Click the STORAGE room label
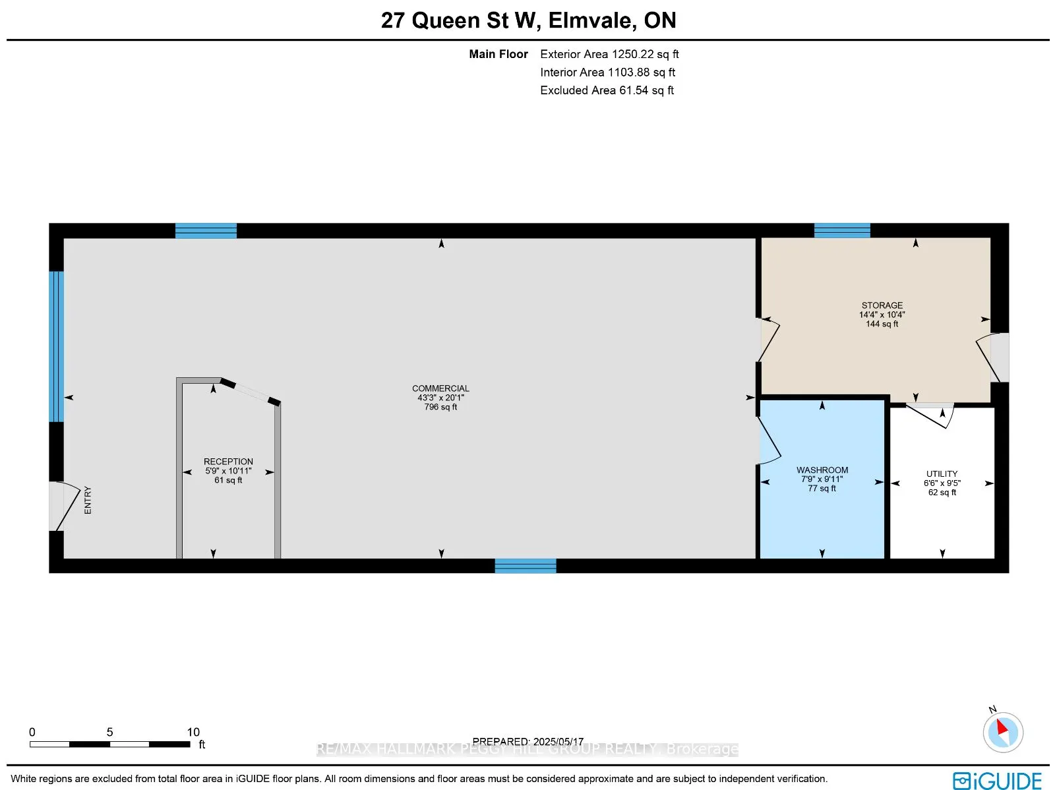(x=882, y=305)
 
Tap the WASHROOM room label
(x=822, y=470)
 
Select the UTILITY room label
(x=942, y=473)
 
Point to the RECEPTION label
(x=228, y=462)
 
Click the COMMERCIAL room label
(x=440, y=388)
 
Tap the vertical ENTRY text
(x=88, y=501)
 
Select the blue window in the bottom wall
(x=526, y=566)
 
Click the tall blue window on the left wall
(x=57, y=346)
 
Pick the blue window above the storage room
(x=842, y=231)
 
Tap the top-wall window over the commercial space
(x=206, y=231)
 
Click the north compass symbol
(x=1002, y=731)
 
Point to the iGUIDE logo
(x=997, y=781)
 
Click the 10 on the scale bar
(x=193, y=732)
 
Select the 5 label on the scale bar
(x=109, y=732)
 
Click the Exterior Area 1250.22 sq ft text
(x=609, y=54)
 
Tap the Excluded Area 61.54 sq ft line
(x=607, y=90)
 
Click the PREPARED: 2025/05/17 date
(x=527, y=741)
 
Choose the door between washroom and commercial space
(x=768, y=441)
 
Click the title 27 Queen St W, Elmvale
(x=528, y=20)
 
